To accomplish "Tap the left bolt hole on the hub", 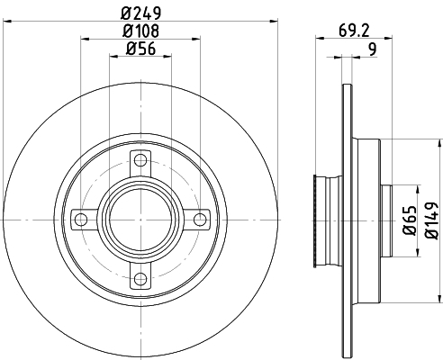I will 81,219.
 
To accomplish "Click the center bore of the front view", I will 139,219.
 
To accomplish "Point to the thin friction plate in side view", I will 346,219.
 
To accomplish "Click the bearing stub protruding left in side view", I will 316,219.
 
